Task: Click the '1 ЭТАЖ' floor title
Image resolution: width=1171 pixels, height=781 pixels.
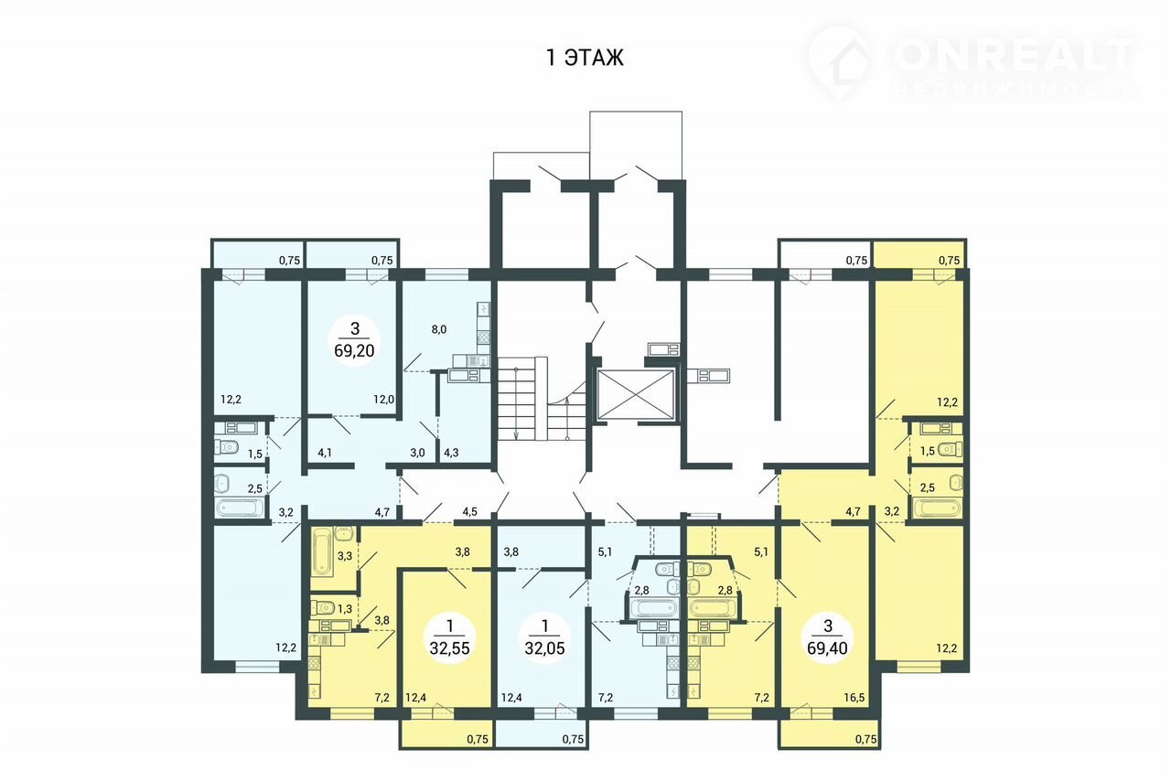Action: (x=585, y=58)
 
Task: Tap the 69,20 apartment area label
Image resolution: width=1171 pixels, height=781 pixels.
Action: (x=354, y=350)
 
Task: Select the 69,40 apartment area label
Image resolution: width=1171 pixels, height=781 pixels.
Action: (x=828, y=648)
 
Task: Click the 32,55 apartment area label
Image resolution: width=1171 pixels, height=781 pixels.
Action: (x=449, y=648)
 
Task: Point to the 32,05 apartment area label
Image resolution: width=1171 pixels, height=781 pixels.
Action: (x=544, y=648)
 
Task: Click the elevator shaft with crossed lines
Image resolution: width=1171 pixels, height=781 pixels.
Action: (x=635, y=395)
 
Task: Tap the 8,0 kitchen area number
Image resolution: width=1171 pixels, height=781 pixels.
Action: (x=439, y=329)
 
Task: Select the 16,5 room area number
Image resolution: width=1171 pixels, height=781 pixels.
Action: (x=854, y=698)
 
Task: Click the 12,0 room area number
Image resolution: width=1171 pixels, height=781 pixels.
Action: (x=383, y=400)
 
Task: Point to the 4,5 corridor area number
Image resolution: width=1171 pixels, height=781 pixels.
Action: (x=469, y=511)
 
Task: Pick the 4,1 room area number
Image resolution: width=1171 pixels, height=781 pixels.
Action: (x=325, y=453)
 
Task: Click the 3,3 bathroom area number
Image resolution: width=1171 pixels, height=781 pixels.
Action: (x=345, y=556)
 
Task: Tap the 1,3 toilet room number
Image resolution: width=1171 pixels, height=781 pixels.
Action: (x=345, y=608)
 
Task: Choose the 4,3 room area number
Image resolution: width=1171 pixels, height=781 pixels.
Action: (x=451, y=453)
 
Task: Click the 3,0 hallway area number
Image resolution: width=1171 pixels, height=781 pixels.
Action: (x=417, y=453)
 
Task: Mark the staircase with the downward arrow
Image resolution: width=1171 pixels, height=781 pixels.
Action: (x=516, y=400)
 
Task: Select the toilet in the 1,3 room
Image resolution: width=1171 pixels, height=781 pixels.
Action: (x=323, y=608)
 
